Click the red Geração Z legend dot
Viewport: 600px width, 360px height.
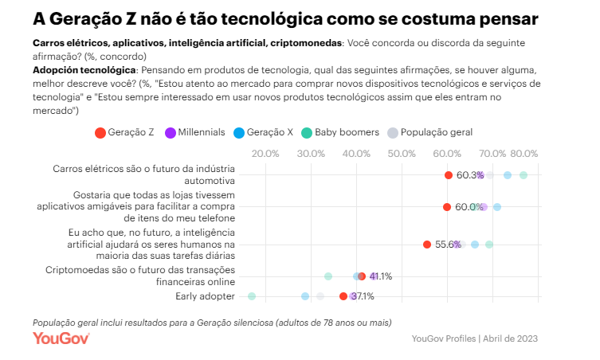(100, 132)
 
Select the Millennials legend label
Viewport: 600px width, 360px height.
(202, 132)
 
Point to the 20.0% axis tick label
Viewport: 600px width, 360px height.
(265, 154)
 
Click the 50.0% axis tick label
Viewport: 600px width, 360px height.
(402, 154)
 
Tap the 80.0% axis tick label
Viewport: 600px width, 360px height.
(524, 154)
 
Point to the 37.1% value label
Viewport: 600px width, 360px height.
(363, 296)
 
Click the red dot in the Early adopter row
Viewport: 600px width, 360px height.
(343, 296)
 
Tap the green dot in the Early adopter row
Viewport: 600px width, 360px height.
(252, 296)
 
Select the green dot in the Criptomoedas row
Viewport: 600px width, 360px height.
(328, 276)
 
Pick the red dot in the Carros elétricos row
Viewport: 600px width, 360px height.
(449, 175)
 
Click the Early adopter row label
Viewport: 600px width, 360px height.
(205, 296)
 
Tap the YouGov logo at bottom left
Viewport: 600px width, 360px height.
(61, 338)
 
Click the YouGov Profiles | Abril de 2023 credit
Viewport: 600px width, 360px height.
(475, 338)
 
